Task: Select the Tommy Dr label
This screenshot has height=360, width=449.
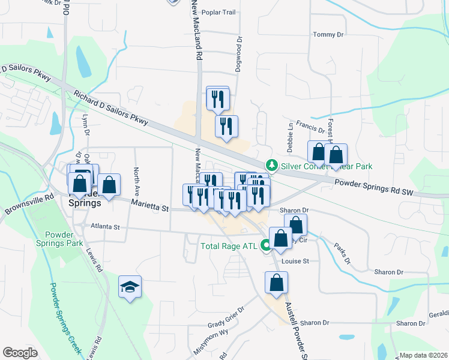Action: pyautogui.click(x=328, y=35)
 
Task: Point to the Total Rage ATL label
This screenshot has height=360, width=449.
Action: pyautogui.click(x=228, y=246)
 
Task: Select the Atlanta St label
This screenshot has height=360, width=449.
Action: pyautogui.click(x=106, y=227)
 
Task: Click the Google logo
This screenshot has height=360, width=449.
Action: pyautogui.click(x=20, y=353)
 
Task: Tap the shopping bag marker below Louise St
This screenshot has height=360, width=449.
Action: pyautogui.click(x=276, y=283)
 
